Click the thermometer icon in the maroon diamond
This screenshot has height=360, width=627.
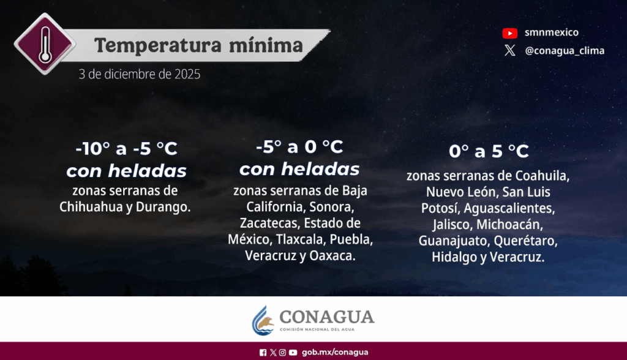pyautogui.click(x=45, y=44)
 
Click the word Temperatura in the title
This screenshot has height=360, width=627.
pyautogui.click(x=157, y=45)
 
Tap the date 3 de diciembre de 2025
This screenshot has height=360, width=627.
pyautogui.click(x=139, y=74)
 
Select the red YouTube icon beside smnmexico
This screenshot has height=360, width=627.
pyautogui.click(x=510, y=33)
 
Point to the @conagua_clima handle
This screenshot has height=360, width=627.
pyautogui.click(x=565, y=51)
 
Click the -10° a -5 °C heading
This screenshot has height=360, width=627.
pyautogui.click(x=126, y=149)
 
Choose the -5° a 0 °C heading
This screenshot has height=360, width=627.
pyautogui.click(x=299, y=147)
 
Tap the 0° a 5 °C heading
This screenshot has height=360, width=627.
pyautogui.click(x=489, y=151)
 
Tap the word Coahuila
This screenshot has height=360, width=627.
pyautogui.click(x=543, y=176)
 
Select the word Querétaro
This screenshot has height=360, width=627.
pyautogui.click(x=525, y=241)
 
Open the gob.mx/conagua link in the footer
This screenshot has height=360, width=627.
pyautogui.click(x=335, y=352)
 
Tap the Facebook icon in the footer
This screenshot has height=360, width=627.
pyautogui.click(x=263, y=353)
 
